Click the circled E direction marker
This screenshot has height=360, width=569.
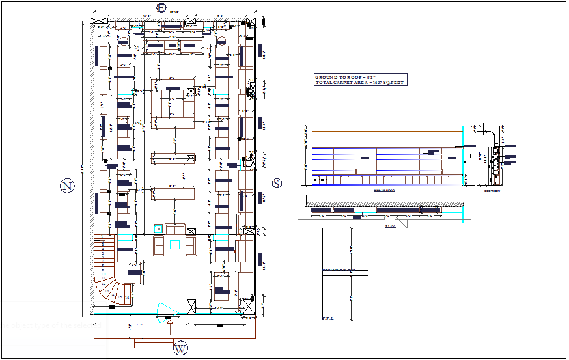160,7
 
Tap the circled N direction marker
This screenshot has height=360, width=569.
66,187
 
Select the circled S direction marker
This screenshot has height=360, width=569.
277,183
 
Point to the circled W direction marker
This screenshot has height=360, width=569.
180,349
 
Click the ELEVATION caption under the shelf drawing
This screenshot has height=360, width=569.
383,190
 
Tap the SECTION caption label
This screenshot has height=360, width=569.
493,191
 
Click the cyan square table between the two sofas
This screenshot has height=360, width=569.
174,244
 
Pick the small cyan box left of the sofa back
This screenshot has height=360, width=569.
158,228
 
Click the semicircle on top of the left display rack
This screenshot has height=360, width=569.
124,41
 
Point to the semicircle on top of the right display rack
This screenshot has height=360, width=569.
221,41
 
